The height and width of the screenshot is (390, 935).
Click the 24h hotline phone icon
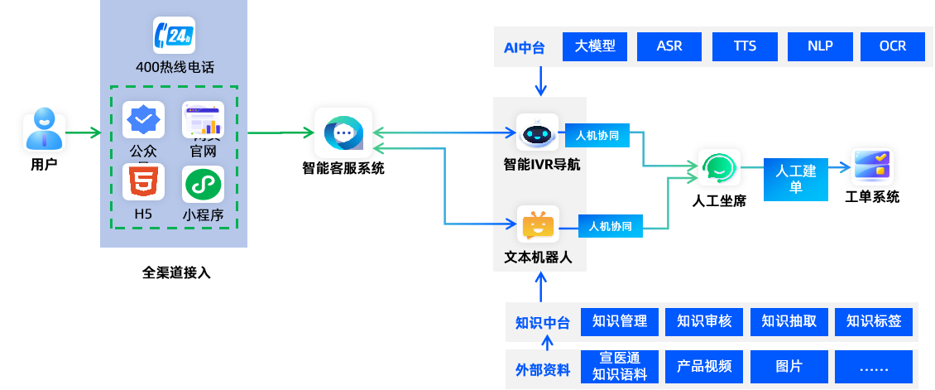tap(174, 36)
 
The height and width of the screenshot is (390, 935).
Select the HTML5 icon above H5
tap(143, 183)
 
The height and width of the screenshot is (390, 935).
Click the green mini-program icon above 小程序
tap(203, 184)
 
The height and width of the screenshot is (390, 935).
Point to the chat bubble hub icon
tap(343, 132)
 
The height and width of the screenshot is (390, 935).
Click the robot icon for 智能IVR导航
tap(538, 132)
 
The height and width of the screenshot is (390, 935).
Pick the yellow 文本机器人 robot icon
tap(538, 224)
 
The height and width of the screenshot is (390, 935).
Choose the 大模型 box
tap(595, 46)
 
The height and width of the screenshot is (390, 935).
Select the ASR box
tap(669, 46)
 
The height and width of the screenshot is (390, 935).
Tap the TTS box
tap(745, 46)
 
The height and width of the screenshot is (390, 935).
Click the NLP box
tap(820, 46)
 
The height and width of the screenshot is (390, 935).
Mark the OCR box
tap(894, 46)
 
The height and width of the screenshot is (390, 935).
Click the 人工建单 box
tap(796, 179)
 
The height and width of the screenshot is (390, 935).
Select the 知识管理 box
tap(620, 321)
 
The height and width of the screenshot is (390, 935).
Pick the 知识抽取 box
tap(789, 321)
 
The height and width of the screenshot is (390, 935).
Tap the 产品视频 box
tap(704, 366)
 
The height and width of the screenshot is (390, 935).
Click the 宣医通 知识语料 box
tap(620, 366)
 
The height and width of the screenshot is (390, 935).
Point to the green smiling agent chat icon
tap(718, 168)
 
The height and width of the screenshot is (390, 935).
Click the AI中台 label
tap(525, 47)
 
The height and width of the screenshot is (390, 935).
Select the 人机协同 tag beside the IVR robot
tap(597, 135)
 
